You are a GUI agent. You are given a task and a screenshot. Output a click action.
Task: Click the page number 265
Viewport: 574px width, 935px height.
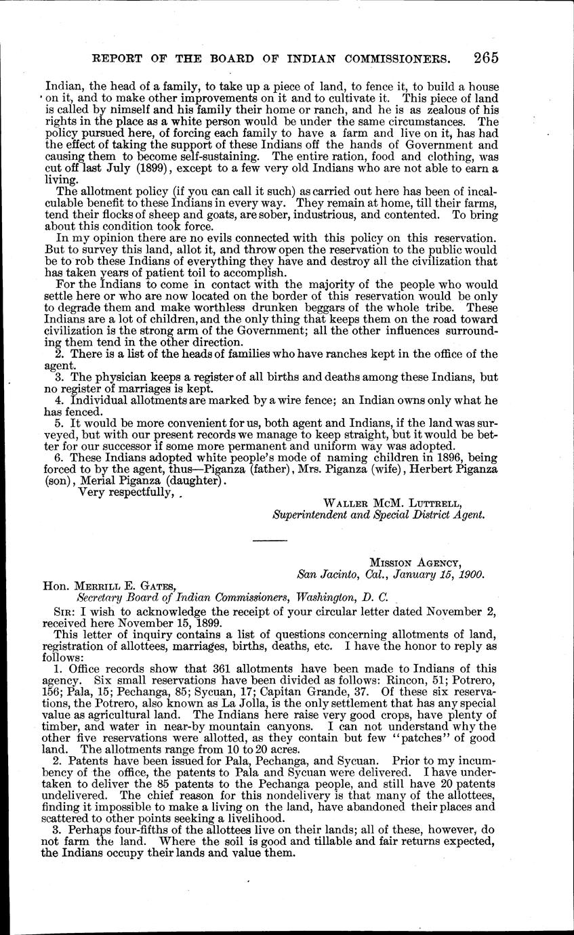[x=486, y=58]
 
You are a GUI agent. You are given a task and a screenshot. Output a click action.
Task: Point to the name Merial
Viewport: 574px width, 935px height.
[x=94, y=480]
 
